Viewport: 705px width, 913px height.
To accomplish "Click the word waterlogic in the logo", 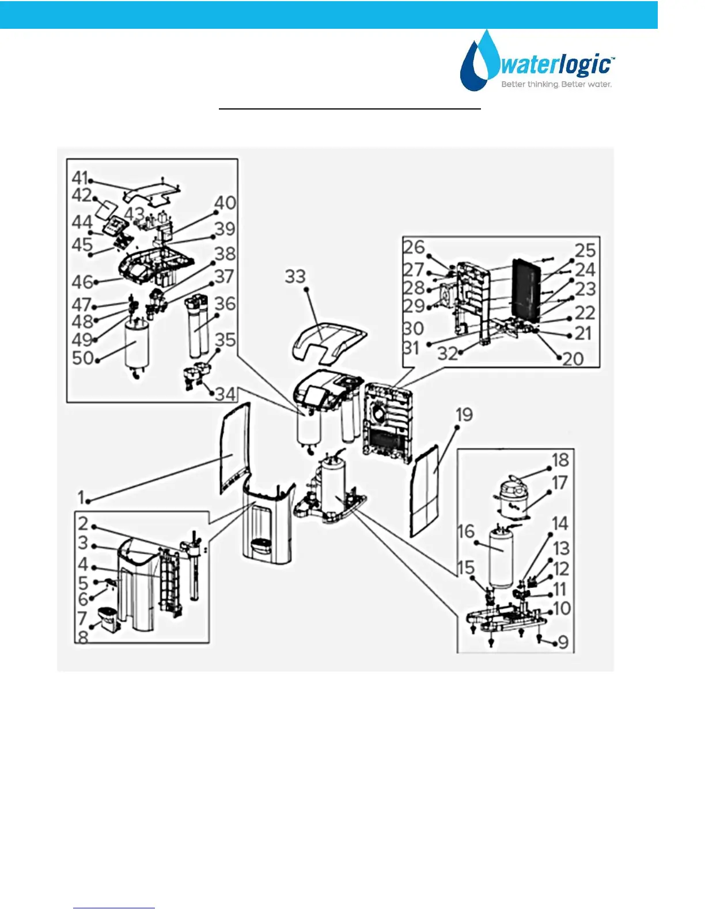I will pos(555,65).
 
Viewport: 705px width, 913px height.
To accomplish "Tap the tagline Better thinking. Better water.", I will pos(556,85).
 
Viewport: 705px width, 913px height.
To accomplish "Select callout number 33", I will pos(295,277).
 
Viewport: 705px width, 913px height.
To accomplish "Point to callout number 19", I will pos(464,415).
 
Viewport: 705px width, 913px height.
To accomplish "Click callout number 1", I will pos(81,497).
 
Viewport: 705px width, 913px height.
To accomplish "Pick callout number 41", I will pos(79,178).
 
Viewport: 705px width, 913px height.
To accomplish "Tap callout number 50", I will pos(82,358).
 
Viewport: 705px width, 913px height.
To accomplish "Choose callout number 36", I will pos(225,304).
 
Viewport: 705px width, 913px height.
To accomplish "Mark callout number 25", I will pos(585,250).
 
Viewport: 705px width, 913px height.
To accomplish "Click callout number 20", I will pos(573,359).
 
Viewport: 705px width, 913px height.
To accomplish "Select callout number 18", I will pos(560,460).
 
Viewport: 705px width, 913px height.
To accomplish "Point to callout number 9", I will pos(563,642).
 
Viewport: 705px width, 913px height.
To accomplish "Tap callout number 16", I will pos(465,531).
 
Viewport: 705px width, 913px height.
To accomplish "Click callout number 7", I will pos(82,618).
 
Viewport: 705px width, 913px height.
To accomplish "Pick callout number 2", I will pos(83,523).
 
